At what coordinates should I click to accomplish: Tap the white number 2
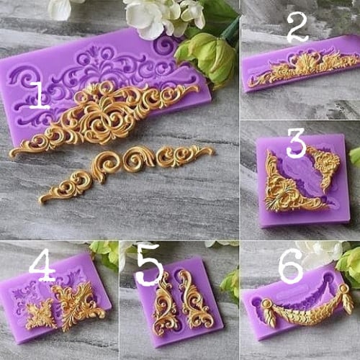[297, 27]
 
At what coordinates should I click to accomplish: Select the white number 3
[296, 143]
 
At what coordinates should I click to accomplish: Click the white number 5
[150, 264]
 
